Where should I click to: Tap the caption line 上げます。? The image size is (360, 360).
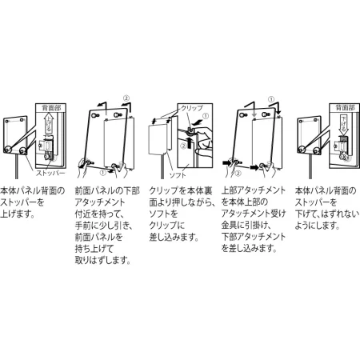pyautogui.click(x=18, y=214)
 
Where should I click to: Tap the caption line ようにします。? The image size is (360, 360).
pyautogui.click(x=314, y=226)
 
